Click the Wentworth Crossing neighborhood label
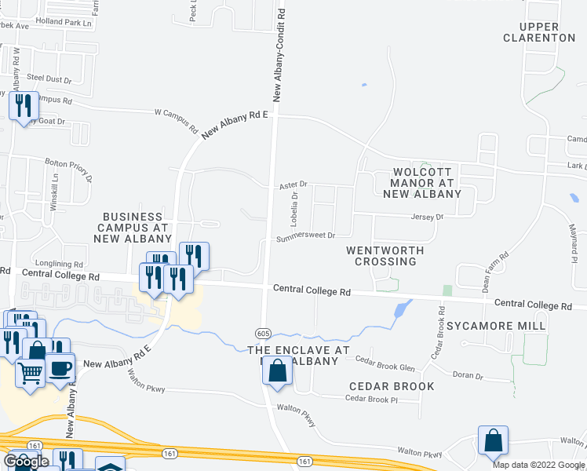pos(385,256)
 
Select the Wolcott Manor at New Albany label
pos(425,182)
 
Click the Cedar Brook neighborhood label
pos(391,386)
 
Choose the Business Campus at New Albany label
pos(133,227)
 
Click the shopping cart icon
pos(30,375)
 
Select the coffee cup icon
pos(60,367)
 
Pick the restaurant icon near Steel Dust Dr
pos(24,105)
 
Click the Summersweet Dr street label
pos(305,235)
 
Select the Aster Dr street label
pos(293,184)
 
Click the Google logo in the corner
pos(26,462)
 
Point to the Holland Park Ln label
pos(64,22)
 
